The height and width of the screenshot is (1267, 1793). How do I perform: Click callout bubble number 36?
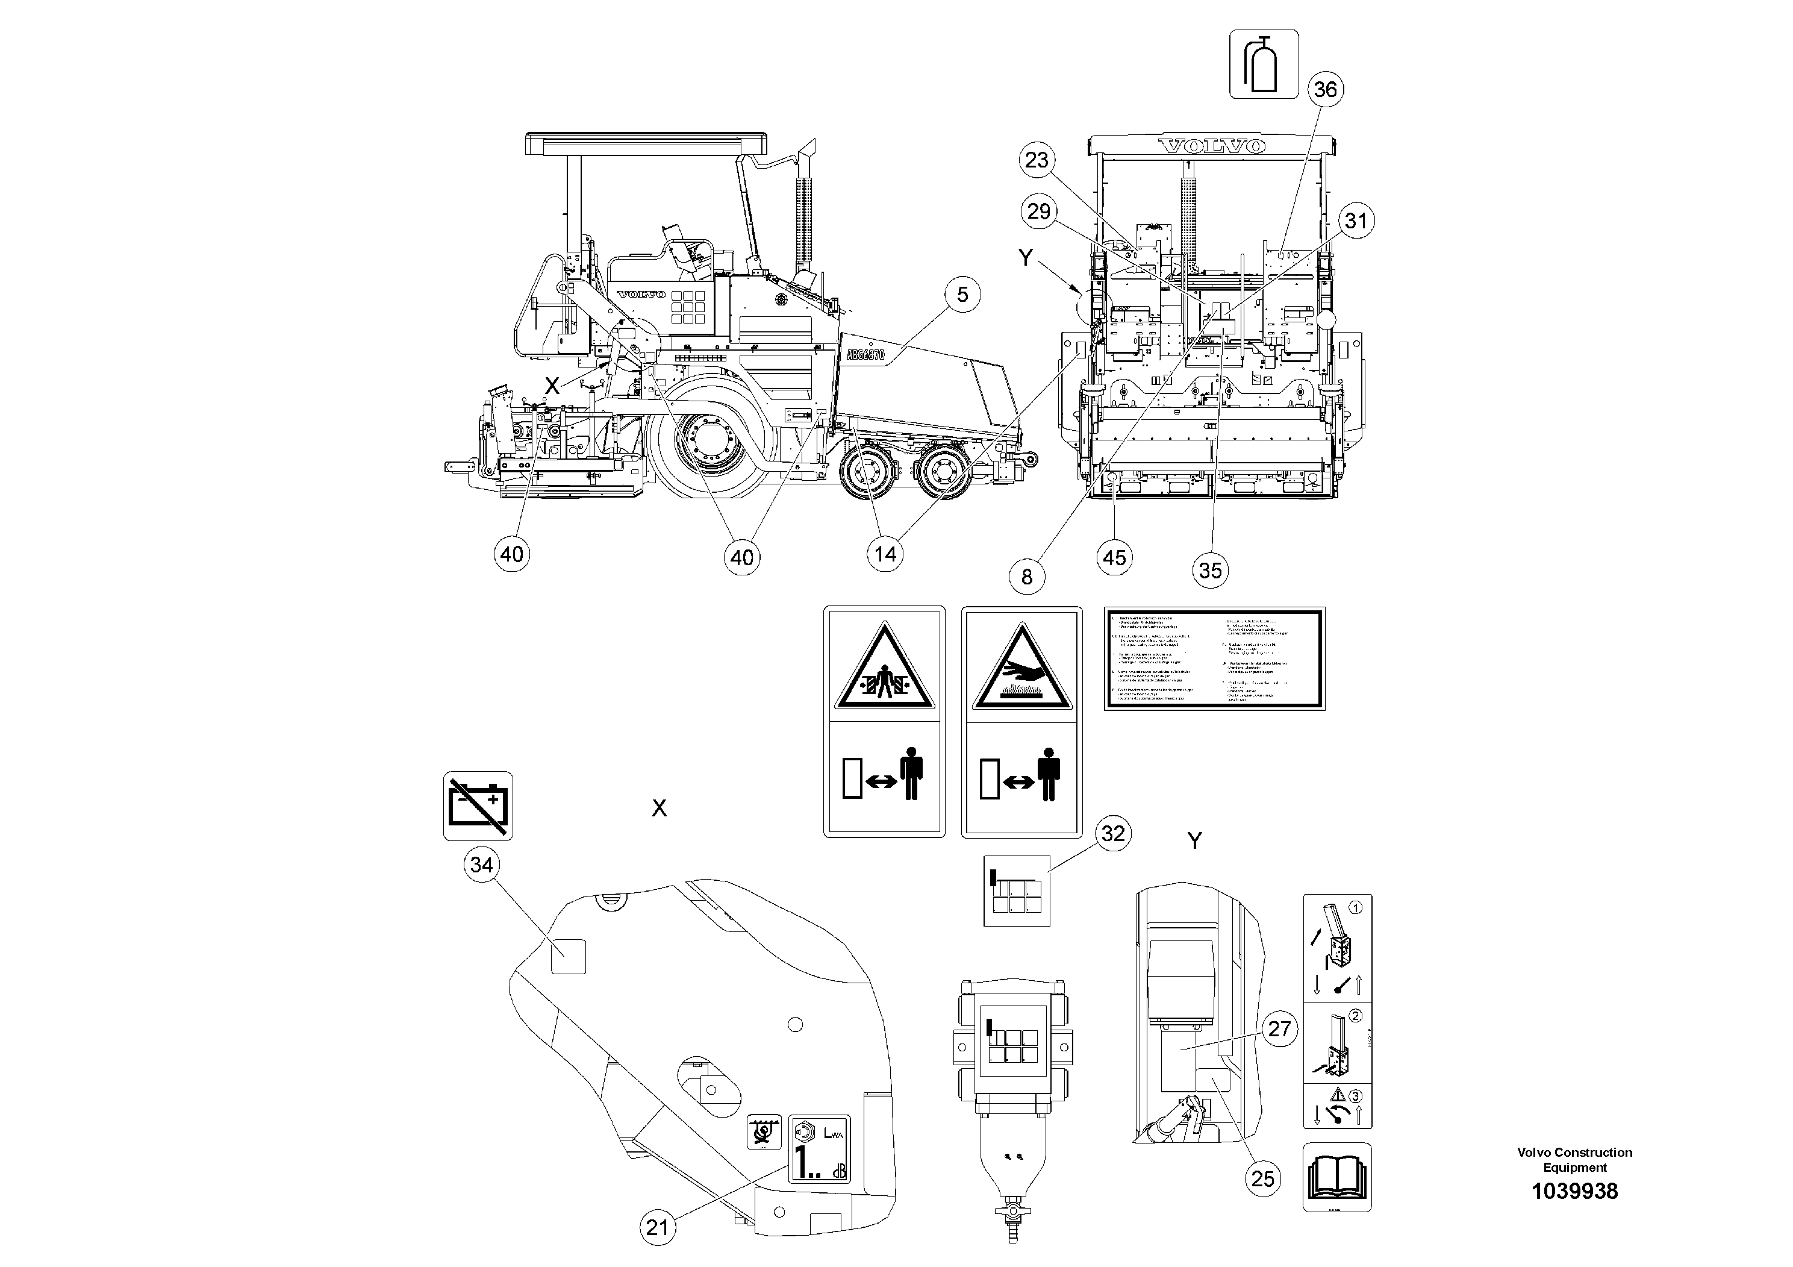tap(1325, 89)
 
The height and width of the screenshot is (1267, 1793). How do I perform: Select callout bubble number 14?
tap(885, 555)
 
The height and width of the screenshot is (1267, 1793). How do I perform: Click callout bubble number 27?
tap(1279, 1029)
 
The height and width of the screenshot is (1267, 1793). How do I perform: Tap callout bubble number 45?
tap(1114, 558)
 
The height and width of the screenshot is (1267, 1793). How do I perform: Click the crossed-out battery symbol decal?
tap(478, 806)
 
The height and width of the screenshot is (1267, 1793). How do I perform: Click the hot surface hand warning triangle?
tap(1021, 666)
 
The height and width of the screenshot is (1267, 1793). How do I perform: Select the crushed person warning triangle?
tap(884, 666)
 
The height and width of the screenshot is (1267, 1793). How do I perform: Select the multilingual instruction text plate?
tap(1214, 659)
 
